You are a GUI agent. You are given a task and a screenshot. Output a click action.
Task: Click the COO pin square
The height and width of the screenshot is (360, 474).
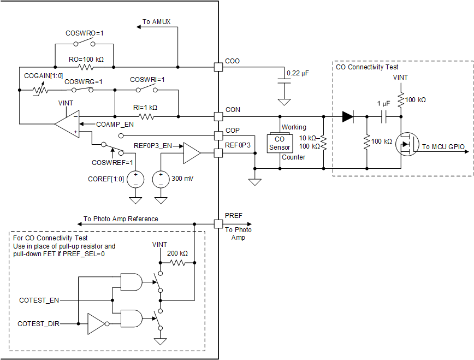click(218, 67)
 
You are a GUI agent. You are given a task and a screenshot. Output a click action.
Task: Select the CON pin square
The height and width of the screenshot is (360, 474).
click(218, 116)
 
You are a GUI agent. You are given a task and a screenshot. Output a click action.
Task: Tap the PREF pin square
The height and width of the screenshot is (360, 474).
click(218, 223)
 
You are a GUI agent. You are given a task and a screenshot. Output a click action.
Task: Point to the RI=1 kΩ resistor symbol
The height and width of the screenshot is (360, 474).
click(147, 116)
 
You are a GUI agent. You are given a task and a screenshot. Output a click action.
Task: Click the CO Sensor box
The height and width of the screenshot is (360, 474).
click(280, 144)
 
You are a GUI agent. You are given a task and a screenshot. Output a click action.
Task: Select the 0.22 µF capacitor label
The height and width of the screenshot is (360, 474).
click(298, 73)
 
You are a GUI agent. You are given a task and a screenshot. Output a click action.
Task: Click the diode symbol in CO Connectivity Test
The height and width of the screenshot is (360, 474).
click(347, 116)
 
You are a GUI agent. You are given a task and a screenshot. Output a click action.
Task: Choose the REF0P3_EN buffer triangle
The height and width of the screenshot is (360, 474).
click(192, 154)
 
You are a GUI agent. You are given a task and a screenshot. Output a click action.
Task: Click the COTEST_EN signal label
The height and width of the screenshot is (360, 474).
click(39, 300)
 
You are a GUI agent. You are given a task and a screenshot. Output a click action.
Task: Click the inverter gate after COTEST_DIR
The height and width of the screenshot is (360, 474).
click(97, 324)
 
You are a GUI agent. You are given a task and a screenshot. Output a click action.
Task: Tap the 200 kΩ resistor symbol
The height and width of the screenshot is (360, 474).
click(177, 263)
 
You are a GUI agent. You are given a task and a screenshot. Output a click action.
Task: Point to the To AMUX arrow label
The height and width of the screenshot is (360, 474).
click(157, 22)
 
